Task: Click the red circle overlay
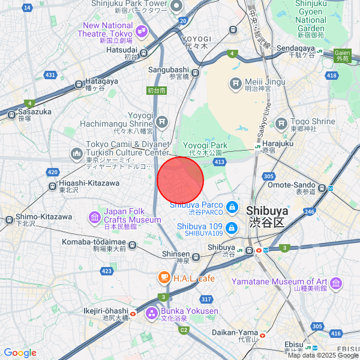[x=181, y=180]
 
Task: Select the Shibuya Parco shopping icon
[x=231, y=208]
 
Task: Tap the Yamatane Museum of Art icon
[x=335, y=282]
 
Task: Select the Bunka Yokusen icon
[x=151, y=313]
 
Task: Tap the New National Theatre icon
[x=143, y=29]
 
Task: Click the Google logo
[x=20, y=353]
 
